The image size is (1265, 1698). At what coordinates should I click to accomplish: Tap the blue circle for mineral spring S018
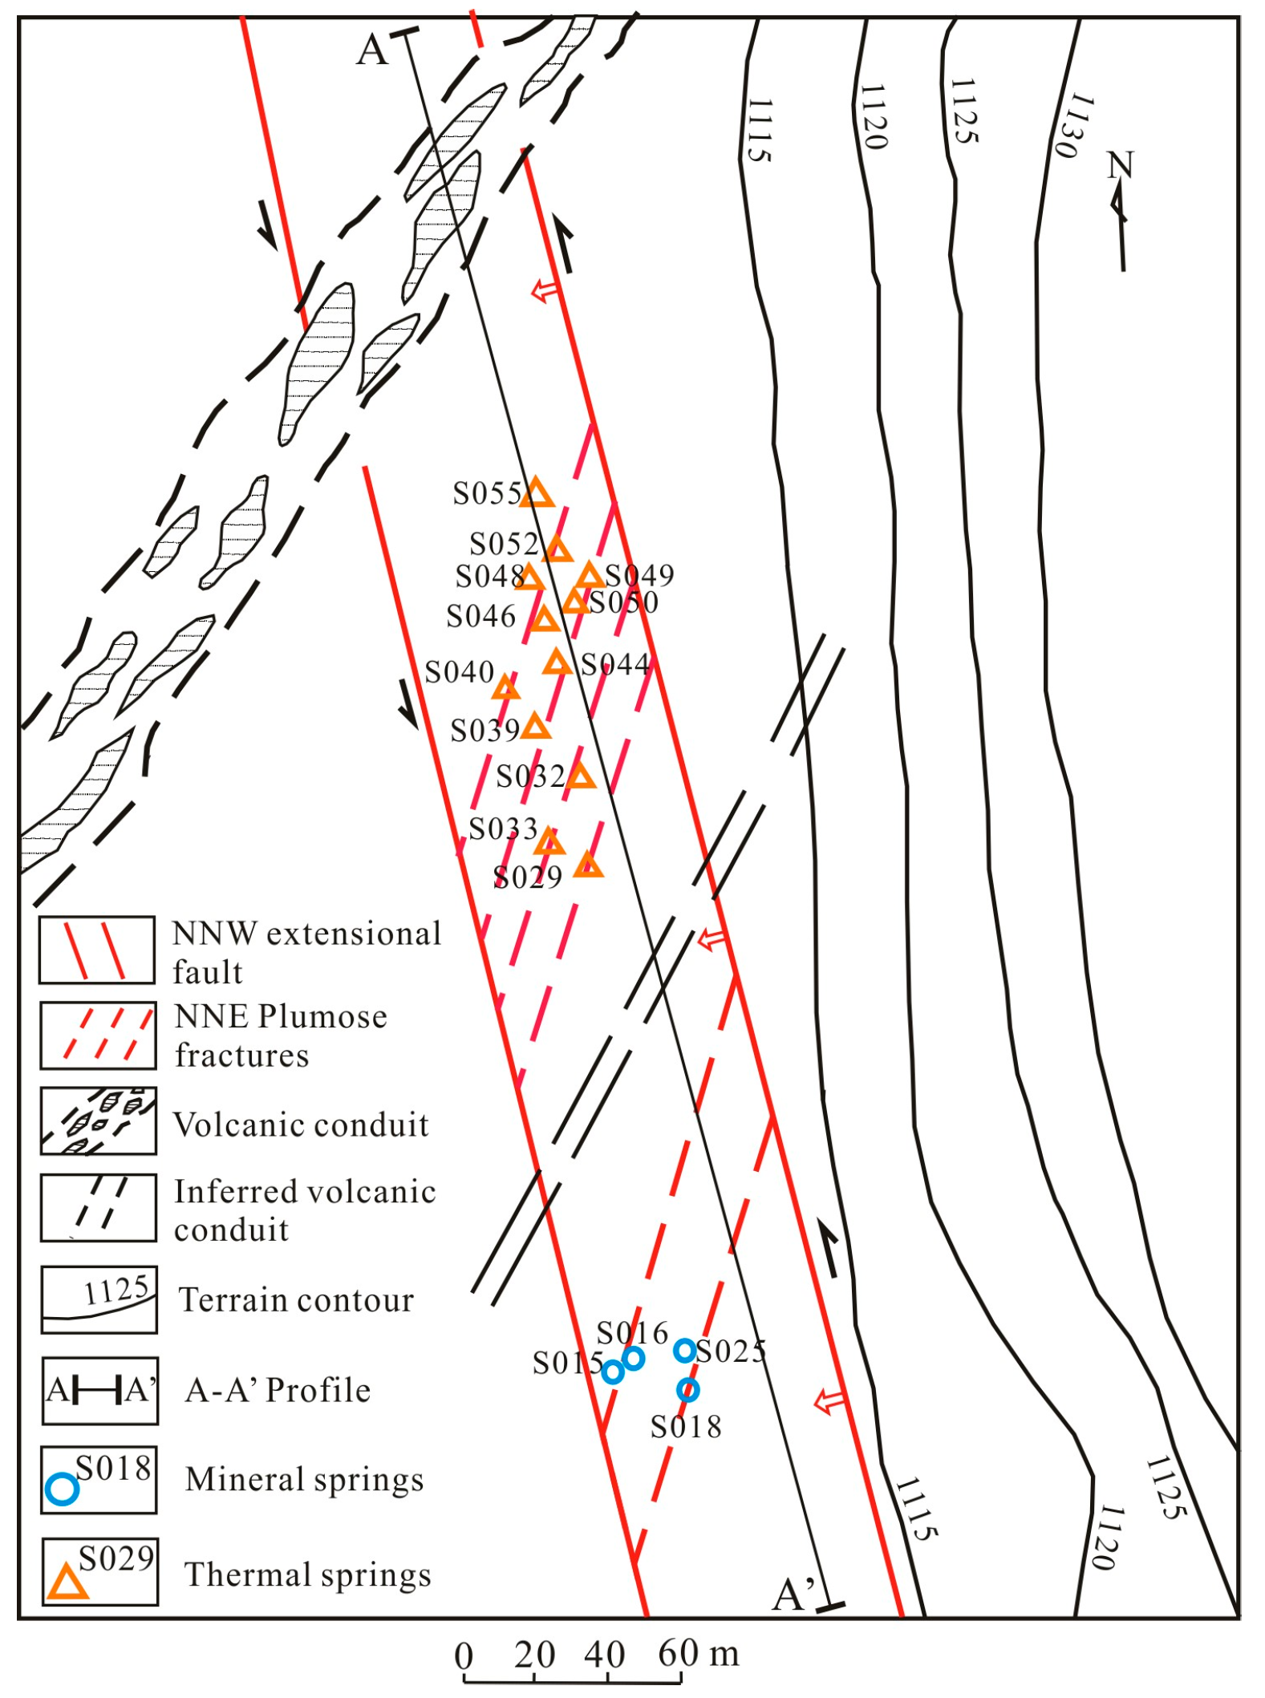click(688, 1389)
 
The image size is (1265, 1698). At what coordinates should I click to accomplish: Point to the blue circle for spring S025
click(684, 1351)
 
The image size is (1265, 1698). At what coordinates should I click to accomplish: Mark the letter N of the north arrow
click(1120, 165)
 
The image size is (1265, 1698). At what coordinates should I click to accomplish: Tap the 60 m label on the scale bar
click(698, 1654)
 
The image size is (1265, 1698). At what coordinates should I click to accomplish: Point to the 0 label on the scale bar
click(464, 1656)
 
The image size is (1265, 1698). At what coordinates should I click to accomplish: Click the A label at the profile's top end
click(372, 50)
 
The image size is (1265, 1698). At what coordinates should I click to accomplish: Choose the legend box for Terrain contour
click(99, 1299)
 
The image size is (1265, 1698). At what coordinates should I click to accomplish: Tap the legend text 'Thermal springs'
click(308, 1575)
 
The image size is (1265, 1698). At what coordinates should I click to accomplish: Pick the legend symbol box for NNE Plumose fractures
click(99, 1035)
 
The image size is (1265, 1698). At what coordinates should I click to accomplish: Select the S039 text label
click(485, 731)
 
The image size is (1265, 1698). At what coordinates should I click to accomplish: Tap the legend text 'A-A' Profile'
click(278, 1390)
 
